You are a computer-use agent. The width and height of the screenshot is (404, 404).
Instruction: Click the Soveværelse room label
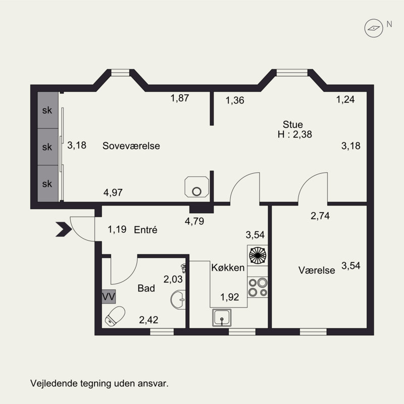click(131, 146)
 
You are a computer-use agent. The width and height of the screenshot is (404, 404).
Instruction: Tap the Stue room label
click(293, 124)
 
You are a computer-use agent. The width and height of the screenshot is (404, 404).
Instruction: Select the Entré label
click(145, 230)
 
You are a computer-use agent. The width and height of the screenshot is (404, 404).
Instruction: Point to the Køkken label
click(228, 268)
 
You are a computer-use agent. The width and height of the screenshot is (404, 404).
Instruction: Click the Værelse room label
click(317, 270)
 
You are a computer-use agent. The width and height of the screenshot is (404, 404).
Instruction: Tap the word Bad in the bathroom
click(146, 288)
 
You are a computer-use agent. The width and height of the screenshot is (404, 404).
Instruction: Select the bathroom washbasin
click(178, 299)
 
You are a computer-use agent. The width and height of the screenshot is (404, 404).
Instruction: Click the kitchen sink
click(222, 318)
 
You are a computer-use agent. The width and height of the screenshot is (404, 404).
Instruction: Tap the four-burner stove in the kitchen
click(258, 287)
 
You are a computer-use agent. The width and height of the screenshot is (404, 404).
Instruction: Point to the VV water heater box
click(109, 296)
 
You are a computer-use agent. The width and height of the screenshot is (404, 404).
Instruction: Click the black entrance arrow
click(64, 229)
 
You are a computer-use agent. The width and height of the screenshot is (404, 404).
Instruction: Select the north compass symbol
click(374, 28)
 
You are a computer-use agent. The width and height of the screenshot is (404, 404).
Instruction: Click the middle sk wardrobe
click(48, 147)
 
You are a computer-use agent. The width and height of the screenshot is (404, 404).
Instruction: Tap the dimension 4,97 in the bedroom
click(113, 192)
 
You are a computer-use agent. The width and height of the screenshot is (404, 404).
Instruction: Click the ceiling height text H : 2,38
click(295, 134)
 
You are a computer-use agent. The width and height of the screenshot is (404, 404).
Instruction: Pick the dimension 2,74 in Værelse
click(320, 216)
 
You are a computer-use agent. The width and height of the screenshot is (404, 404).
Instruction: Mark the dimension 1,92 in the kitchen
click(230, 297)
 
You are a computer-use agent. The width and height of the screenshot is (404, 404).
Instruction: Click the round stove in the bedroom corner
click(197, 187)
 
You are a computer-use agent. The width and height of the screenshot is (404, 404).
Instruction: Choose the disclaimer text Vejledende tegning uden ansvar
click(99, 383)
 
